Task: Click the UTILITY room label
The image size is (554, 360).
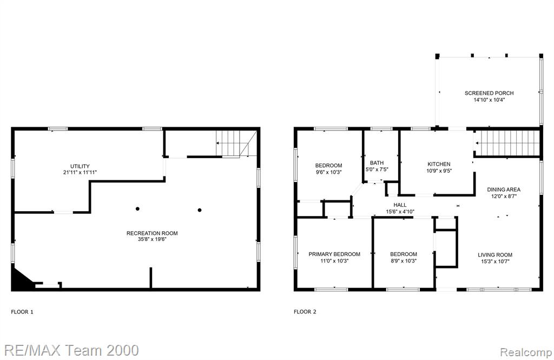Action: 80,166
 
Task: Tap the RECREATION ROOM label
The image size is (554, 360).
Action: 152,233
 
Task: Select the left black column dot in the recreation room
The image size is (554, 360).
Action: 137,208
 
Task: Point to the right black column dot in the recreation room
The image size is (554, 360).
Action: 200,210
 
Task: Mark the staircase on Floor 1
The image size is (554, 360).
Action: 236,143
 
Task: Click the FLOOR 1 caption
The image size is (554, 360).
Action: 22,312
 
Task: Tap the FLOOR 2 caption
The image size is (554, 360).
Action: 305,312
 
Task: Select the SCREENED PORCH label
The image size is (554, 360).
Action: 489,93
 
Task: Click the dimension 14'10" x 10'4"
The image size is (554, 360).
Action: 489,100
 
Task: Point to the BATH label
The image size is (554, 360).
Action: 377,163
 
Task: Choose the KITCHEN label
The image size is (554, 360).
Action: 439,164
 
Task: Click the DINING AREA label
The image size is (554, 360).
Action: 504,189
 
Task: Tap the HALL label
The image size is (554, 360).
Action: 400,205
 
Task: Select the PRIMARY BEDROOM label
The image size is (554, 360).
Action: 334,254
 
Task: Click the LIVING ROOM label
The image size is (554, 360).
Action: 495,254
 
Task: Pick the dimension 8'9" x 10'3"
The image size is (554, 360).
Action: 404,261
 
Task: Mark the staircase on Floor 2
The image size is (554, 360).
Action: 507,143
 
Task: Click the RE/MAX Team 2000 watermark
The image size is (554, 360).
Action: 71,350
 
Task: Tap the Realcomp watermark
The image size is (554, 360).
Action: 526,352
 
